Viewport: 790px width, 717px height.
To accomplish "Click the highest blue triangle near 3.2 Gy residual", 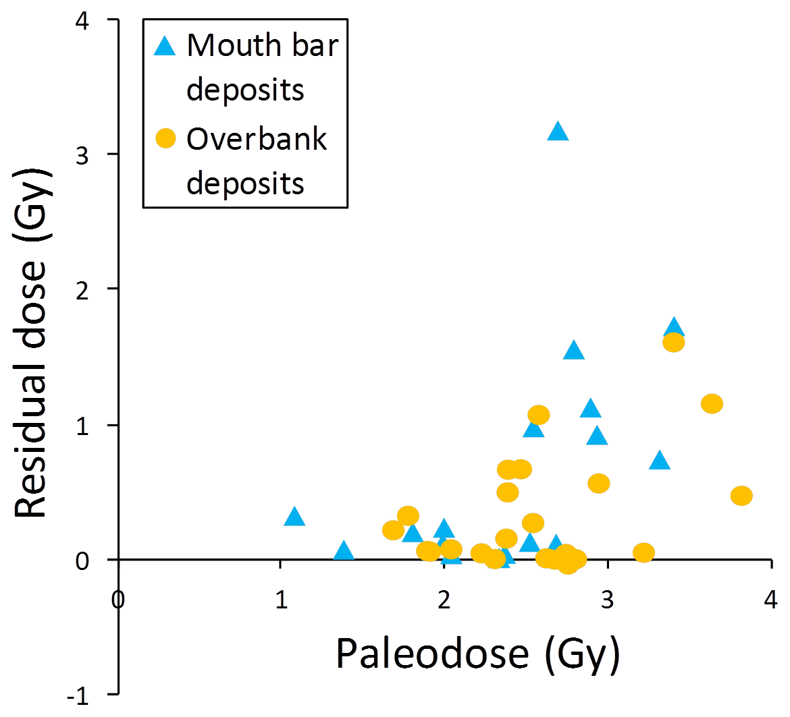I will pos(558,132).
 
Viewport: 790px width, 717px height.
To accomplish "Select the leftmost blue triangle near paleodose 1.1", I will pos(294,517).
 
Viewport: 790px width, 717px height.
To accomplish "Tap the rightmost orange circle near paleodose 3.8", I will pos(741,496).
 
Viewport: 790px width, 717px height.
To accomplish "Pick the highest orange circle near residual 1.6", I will pos(673,343).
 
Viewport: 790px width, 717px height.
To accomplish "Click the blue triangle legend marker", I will pos(165,46).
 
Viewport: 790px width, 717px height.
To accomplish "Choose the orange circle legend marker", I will pos(165,139).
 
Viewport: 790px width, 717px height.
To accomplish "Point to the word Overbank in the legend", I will pos(257,139).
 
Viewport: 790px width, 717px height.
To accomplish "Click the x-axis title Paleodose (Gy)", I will pos(477,654).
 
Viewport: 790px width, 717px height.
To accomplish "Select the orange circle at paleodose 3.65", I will pos(712,404).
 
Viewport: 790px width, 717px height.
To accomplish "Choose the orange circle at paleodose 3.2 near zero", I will pos(643,552).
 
